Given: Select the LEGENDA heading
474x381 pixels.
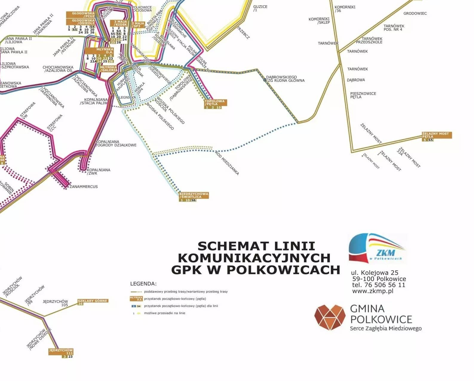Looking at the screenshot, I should [x=143, y=284].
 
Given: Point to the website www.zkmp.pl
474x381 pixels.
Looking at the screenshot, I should [x=372, y=291].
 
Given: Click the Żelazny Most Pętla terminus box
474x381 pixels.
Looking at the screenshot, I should [x=436, y=135].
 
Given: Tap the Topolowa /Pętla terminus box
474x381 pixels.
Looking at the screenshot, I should [x=215, y=103].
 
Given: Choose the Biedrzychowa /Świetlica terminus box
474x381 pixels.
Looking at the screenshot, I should [x=194, y=195].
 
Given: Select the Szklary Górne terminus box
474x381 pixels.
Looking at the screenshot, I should [x=93, y=301].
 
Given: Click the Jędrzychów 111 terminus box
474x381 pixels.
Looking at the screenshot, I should [x=61, y=351].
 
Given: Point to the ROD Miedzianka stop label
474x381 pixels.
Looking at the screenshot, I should [x=227, y=163].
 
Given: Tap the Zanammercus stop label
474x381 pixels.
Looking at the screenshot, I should [x=84, y=187].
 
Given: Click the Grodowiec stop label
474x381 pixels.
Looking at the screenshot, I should [x=415, y=13].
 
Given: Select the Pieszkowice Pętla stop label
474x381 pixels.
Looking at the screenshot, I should [x=363, y=95].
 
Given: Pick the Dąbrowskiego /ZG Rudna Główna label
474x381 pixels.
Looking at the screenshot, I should [x=285, y=79].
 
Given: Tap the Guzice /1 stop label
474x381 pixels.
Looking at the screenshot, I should [x=260, y=8].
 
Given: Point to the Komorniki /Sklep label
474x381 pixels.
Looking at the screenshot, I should [x=319, y=21].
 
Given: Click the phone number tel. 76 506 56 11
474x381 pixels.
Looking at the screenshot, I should [x=378, y=285].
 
